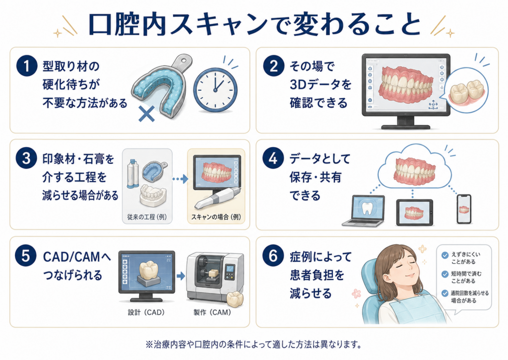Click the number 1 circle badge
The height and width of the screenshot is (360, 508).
coord(27,66)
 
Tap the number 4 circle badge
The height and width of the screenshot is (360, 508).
coord(273,158)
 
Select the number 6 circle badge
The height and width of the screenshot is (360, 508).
coord(273,256)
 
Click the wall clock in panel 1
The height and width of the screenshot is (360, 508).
coord(215,90)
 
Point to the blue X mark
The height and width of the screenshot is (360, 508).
coord(146,114)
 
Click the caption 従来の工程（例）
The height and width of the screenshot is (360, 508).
coord(147,217)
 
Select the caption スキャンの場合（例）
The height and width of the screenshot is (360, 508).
coord(216,217)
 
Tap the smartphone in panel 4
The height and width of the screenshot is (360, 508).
coord(464,209)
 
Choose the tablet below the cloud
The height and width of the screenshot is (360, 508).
coord(414,213)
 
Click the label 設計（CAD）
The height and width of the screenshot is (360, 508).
coord(146,312)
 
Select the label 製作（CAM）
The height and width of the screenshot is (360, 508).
coord(212,312)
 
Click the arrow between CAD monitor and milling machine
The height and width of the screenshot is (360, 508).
coord(181,276)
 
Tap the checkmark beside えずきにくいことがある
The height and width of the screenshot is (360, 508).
coord(445,255)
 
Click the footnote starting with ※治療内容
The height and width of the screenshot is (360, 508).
coord(254,344)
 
